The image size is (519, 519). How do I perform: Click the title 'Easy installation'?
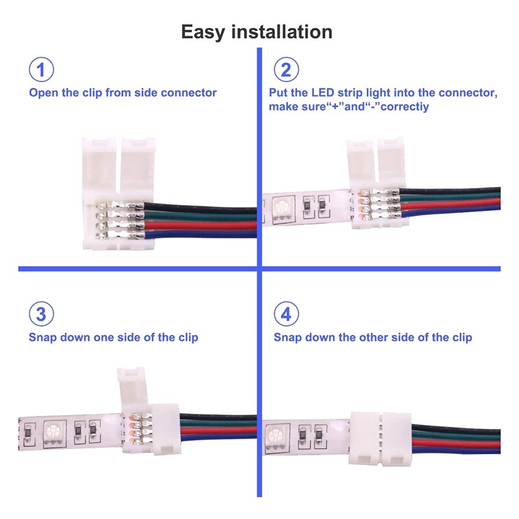pos(256,31)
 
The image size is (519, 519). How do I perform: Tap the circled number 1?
pos(42,69)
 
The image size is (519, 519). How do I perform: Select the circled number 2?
pos(286,69)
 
